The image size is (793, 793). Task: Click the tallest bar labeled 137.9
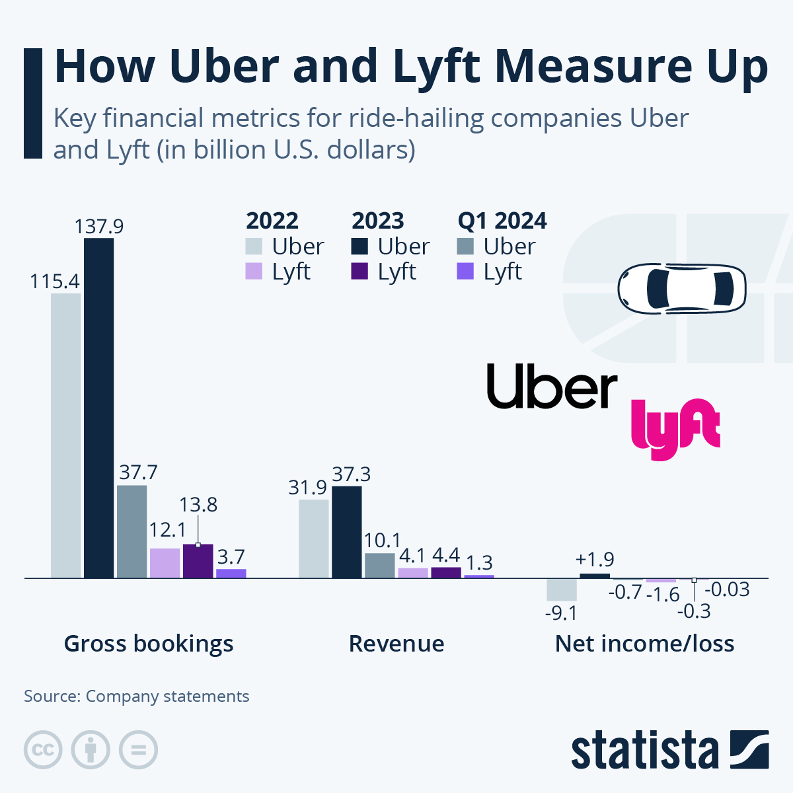click(98, 408)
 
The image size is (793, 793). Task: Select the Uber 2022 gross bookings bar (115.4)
click(65, 435)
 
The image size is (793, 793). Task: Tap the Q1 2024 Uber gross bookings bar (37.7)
click(132, 531)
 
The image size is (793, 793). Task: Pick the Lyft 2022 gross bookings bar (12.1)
click(165, 563)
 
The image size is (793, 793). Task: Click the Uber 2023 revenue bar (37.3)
click(346, 532)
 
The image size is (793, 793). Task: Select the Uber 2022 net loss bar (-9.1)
click(561, 589)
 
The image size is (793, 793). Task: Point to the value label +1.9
click(594, 560)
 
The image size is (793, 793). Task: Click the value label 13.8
click(198, 505)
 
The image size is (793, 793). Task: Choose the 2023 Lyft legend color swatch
click(359, 272)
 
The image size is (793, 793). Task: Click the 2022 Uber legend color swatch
click(254, 246)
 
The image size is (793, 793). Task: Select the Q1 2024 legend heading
click(502, 221)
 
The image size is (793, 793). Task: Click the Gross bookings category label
click(149, 643)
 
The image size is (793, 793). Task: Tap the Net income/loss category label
click(644, 643)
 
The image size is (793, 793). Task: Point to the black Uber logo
click(552, 387)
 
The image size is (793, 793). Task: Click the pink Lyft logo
click(674, 428)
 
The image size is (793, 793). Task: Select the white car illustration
click(681, 287)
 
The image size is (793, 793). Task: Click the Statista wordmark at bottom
click(644, 751)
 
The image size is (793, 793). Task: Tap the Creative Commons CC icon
click(43, 750)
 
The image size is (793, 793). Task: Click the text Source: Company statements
click(137, 697)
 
